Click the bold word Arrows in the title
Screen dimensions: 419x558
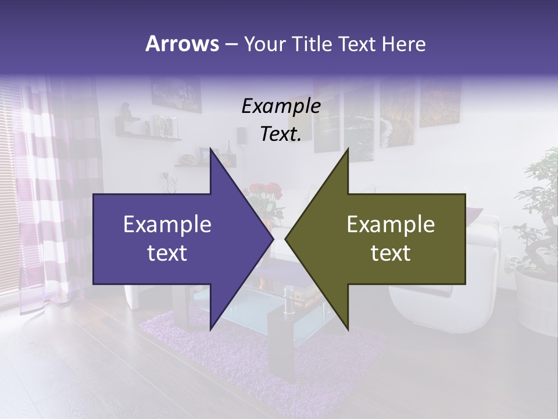point(182,44)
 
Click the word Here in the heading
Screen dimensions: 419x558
point(403,44)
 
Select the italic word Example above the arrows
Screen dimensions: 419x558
point(281,106)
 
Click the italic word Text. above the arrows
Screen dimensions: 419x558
point(281,134)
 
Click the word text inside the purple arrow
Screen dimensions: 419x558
point(167,253)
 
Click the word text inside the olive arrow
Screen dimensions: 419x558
point(391,253)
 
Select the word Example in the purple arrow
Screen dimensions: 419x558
point(167,225)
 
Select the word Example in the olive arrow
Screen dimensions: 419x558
point(391,225)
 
